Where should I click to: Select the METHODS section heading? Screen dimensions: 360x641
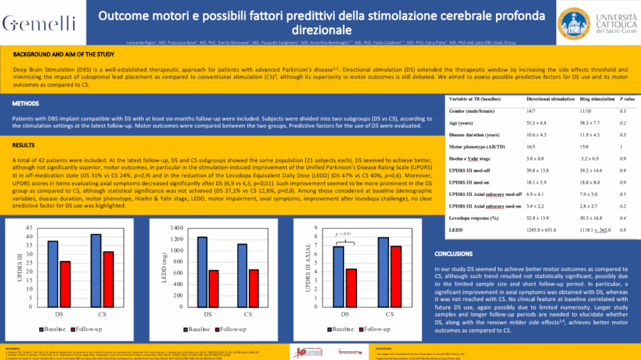click(x=25, y=104)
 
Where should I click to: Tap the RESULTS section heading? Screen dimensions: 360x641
click(x=24, y=145)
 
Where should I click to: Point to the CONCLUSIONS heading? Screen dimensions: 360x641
click(x=453, y=254)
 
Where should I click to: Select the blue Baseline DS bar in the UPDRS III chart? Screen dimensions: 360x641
click(x=53, y=273)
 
